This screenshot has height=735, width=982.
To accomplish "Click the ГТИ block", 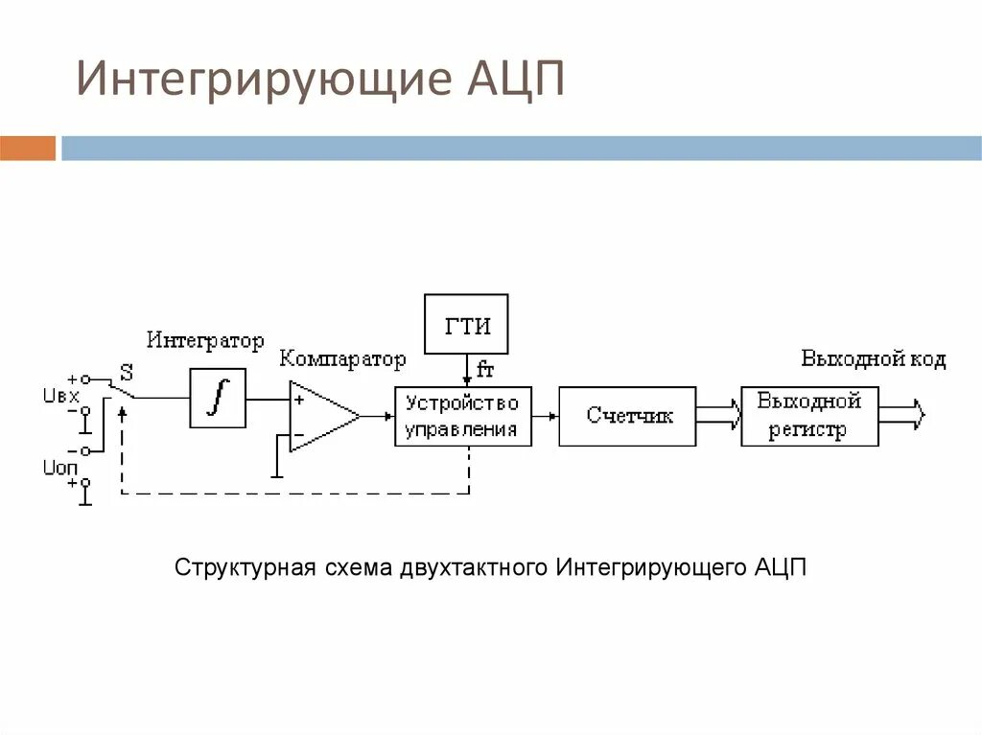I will pyautogui.click(x=466, y=325).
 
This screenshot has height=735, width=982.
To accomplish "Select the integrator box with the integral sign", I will pyautogui.click(x=218, y=397).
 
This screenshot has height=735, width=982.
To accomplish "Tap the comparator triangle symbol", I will pyautogui.click(x=322, y=416).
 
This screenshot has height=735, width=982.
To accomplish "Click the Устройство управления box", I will pyautogui.click(x=462, y=416).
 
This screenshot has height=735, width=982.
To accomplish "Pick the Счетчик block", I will pyautogui.click(x=627, y=416).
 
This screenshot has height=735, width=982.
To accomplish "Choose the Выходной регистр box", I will pyautogui.click(x=809, y=416).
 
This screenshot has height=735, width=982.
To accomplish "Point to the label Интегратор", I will pyautogui.click(x=204, y=340).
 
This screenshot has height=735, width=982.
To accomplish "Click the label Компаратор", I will pyautogui.click(x=342, y=359).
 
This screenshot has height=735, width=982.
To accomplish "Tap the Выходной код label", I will pyautogui.click(x=873, y=359).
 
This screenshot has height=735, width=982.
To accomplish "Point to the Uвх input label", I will pyautogui.click(x=59, y=396).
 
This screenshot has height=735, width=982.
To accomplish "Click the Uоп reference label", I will pyautogui.click(x=59, y=467).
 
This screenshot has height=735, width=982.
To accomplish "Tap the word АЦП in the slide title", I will pyautogui.click(x=516, y=80).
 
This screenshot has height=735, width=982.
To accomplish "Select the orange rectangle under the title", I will pyautogui.click(x=28, y=149).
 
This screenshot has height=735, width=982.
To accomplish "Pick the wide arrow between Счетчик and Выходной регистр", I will pyautogui.click(x=718, y=415).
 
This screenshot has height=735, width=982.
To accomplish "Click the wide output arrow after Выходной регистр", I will pyautogui.click(x=902, y=415).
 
